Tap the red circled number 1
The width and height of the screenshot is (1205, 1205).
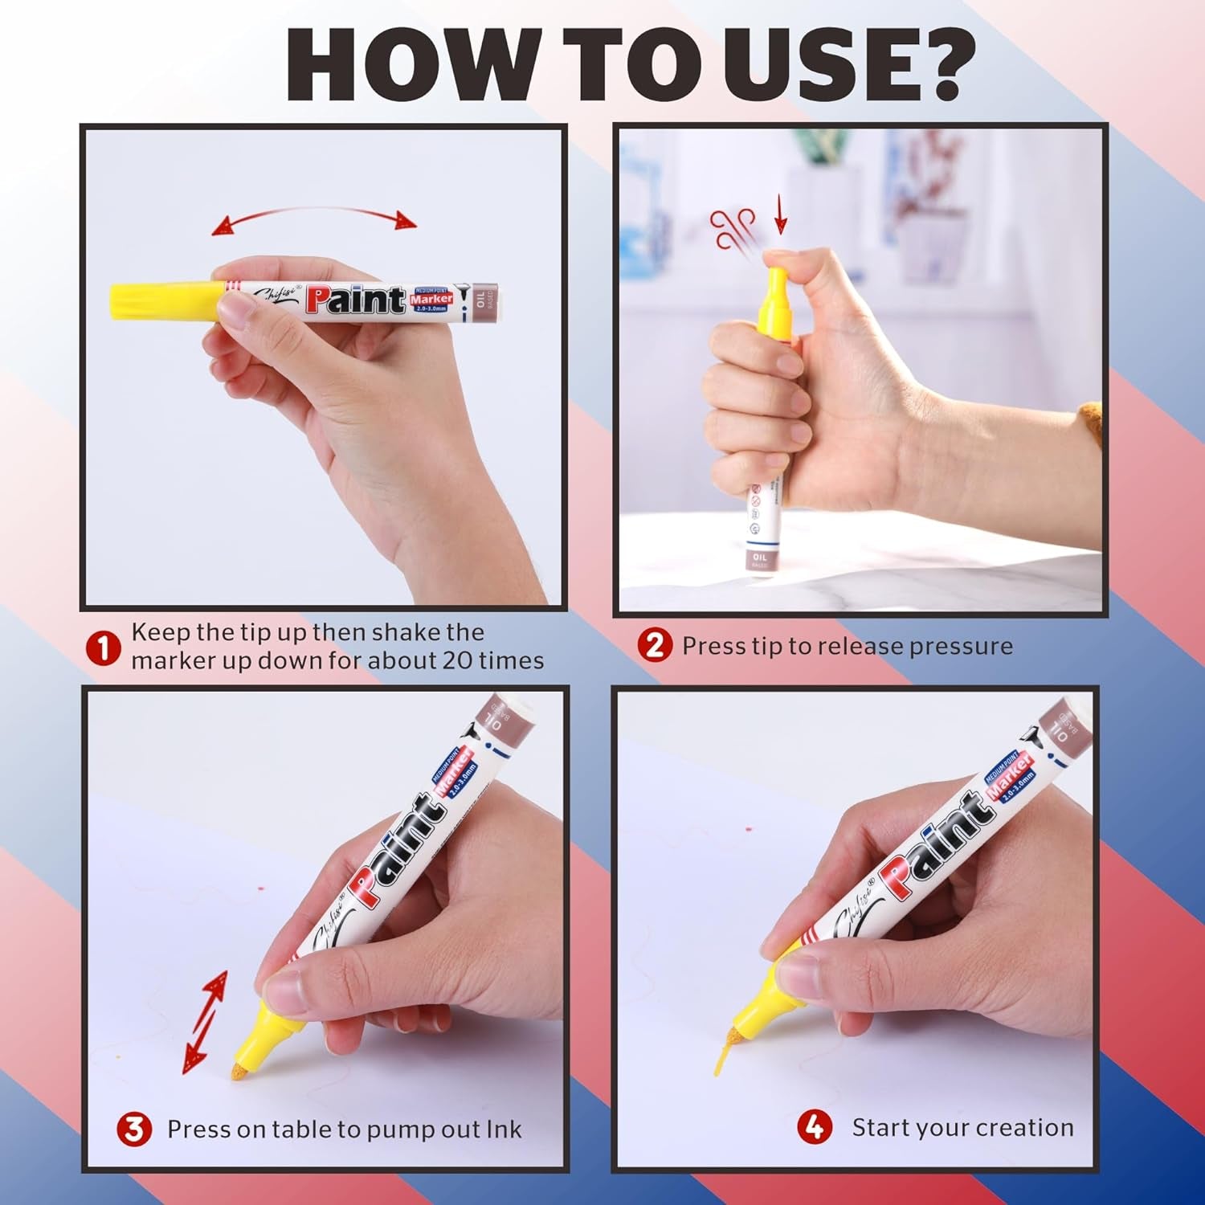coord(103,647)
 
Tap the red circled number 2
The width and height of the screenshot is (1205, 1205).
coord(655,645)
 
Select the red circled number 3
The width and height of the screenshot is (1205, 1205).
coord(134,1129)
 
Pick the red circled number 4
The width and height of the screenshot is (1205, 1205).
coord(814,1127)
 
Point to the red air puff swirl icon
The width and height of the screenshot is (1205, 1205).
coord(733,227)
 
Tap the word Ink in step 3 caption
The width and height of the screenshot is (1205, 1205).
coord(503,1129)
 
